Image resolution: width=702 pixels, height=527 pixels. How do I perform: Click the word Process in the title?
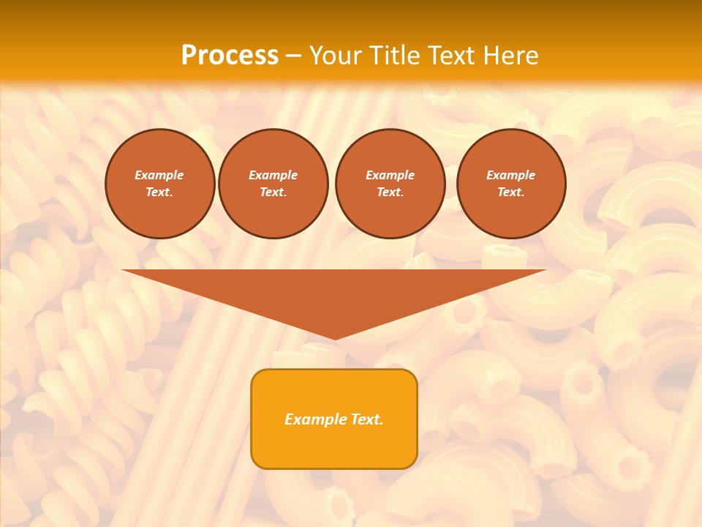point(230,56)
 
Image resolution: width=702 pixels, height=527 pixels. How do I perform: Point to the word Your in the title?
point(334,56)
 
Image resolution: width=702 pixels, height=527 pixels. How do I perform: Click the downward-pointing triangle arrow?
point(334,293)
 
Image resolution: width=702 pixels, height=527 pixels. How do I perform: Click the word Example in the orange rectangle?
point(313,419)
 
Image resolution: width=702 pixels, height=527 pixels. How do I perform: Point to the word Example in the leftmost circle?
point(159,176)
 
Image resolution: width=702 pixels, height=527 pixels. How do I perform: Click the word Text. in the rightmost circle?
point(511,193)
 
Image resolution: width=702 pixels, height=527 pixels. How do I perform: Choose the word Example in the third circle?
point(390,176)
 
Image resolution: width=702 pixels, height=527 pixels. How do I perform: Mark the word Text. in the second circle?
point(273,193)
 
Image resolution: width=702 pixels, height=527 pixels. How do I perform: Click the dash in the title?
point(294,56)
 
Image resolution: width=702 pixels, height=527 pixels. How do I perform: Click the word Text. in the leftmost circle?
point(159,193)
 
